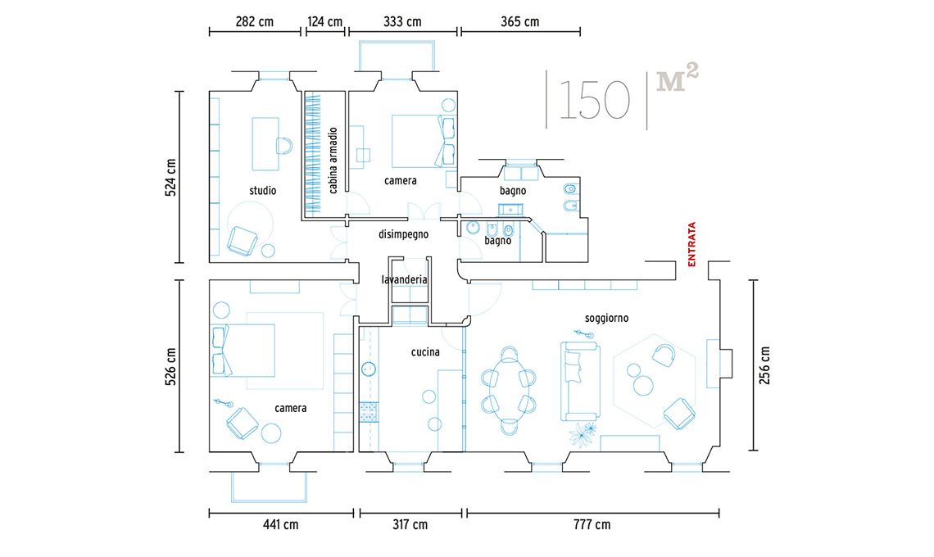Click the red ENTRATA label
point(691,244)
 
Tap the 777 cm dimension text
point(592,525)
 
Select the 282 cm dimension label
point(254,22)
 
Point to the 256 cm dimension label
point(765,365)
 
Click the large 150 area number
point(594,99)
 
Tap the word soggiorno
point(606,318)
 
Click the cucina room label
point(425,352)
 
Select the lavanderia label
point(405,279)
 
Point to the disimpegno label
point(403,234)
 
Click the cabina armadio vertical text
point(333,161)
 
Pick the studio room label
point(263,191)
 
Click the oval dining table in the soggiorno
point(509,390)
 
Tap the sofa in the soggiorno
point(580,381)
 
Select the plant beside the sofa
point(582,434)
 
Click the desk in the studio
point(265,144)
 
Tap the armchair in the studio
point(242,241)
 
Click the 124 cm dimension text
point(325,22)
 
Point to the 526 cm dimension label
point(171,367)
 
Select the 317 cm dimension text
point(410,525)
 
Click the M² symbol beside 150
point(677,78)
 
